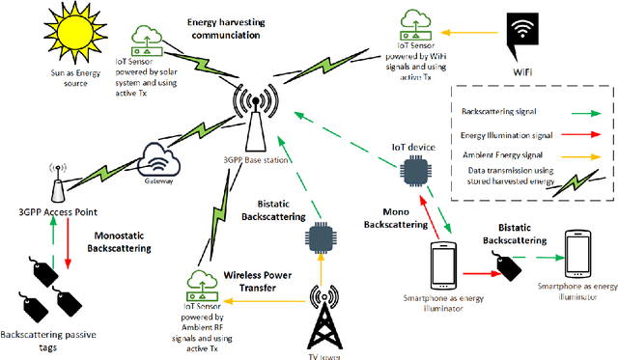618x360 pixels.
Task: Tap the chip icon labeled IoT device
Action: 415,169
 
